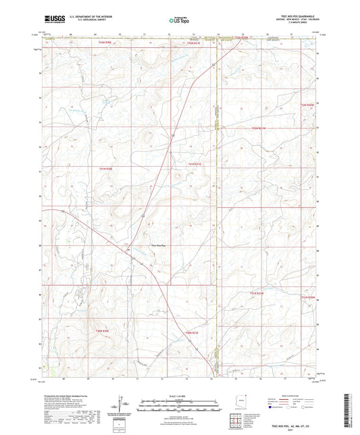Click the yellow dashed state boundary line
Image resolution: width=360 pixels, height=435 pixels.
click(x=215, y=203)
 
